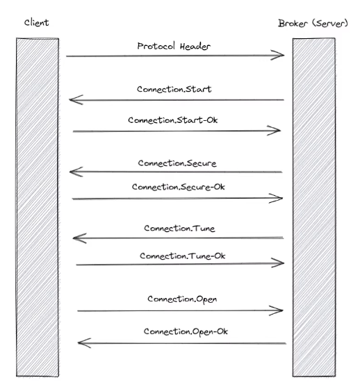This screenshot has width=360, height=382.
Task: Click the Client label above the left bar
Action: click(37, 23)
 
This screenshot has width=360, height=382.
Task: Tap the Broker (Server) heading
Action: click(313, 24)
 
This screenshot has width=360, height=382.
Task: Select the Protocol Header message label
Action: click(174, 46)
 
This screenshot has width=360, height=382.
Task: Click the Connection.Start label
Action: click(174, 89)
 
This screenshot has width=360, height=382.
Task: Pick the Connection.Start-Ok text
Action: click(173, 120)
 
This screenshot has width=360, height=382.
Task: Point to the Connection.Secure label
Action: click(177, 163)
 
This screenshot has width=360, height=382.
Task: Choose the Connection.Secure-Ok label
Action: click(179, 187)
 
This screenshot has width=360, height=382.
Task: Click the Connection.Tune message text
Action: click(179, 229)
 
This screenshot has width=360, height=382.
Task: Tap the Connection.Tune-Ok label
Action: click(183, 256)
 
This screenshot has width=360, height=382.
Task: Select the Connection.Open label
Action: click(182, 299)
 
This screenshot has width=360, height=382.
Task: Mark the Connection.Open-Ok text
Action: click(186, 331)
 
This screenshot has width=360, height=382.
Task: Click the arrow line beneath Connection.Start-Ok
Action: click(177, 131)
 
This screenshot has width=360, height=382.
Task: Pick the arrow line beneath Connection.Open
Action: click(180, 310)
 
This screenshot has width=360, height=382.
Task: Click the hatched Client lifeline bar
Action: click(38, 207)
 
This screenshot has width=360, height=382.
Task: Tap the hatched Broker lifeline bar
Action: click(314, 207)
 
